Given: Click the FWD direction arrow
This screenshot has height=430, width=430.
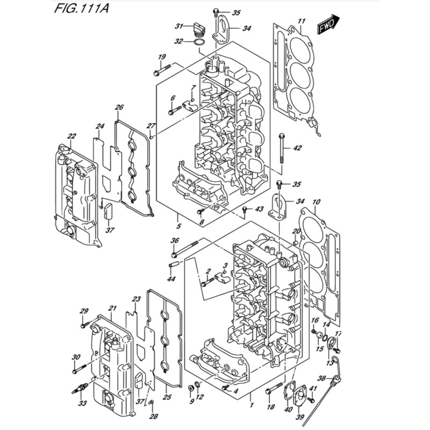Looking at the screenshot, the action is point(328,24).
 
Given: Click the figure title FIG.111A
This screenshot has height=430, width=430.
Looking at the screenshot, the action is point(82,8).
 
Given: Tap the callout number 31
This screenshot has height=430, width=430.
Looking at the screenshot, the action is point(179,26).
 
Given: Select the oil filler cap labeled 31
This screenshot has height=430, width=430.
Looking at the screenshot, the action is point(198,30).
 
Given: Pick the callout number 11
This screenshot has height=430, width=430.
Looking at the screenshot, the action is point(302,21).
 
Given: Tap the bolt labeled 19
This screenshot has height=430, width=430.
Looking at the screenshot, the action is point(162,70).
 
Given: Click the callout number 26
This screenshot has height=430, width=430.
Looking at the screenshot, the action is point(119,107).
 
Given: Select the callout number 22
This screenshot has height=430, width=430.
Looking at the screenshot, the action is point(72,136).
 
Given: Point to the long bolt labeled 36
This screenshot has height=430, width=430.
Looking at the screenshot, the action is point(184,249).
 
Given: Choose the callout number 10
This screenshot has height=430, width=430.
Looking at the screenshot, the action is point(316,202).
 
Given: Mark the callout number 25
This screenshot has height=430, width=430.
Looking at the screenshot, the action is point(167,397).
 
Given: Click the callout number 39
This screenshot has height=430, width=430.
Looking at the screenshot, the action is point(300,417).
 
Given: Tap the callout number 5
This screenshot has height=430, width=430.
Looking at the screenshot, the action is point(178,226).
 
